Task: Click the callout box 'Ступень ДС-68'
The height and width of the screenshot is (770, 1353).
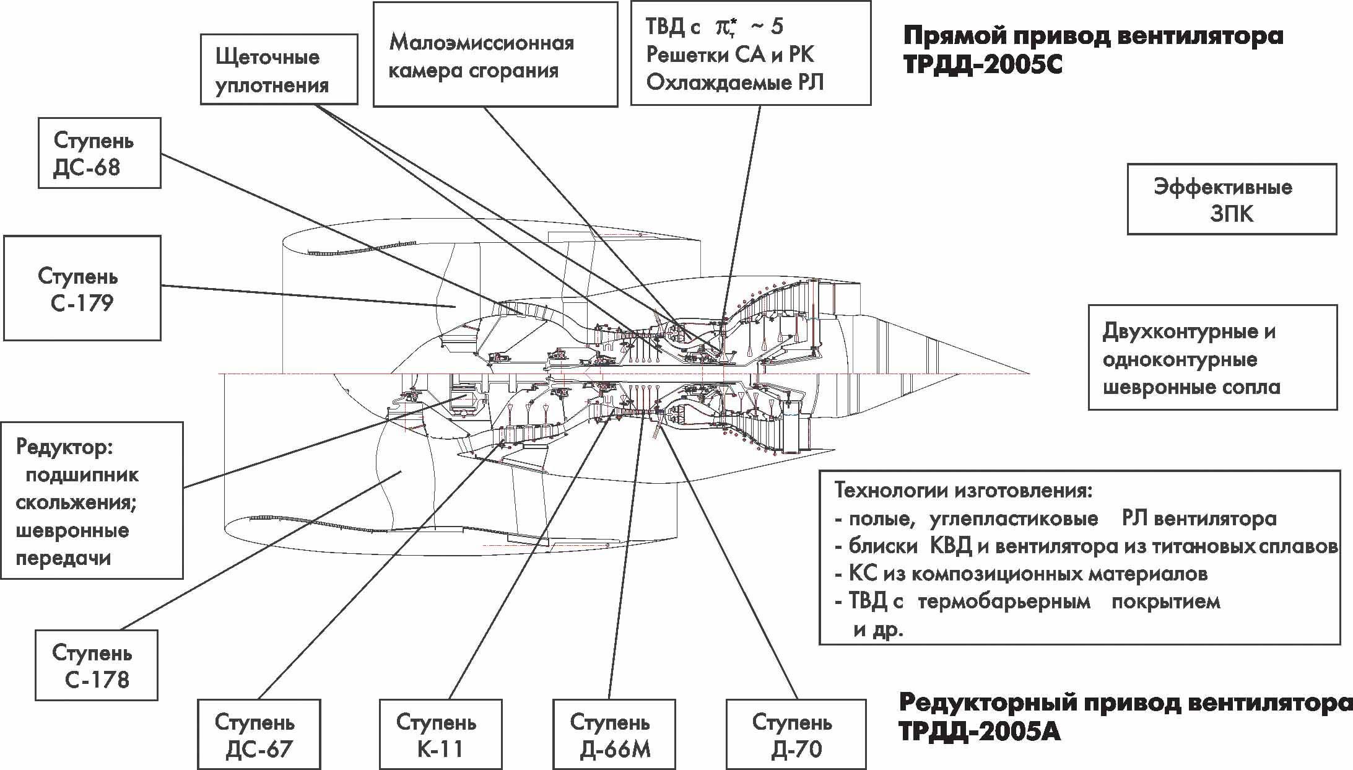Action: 99,153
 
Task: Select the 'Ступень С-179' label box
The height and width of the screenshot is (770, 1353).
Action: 82,288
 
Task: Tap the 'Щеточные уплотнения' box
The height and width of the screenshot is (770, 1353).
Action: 279,69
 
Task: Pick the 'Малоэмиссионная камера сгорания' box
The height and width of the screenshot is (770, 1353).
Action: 495,54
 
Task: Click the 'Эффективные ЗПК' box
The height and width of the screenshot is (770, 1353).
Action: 1231,199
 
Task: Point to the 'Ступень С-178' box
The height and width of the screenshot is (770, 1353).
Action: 96,665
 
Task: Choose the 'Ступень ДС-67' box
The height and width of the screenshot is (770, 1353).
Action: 258,735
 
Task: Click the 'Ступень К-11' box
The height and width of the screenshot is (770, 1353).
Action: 440,735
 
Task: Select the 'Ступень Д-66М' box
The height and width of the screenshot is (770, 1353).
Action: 614,735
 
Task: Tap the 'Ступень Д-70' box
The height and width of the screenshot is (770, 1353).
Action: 795,735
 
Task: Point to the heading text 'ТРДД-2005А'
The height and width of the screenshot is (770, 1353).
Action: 980,732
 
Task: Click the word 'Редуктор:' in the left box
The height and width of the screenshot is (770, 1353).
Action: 65,447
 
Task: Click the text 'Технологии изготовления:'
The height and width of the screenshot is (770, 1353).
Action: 964,491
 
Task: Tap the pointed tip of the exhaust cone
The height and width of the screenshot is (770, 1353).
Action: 1029,374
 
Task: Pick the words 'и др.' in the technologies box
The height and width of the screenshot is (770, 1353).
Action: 879,630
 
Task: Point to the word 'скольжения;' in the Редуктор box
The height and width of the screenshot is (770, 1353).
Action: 76,502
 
